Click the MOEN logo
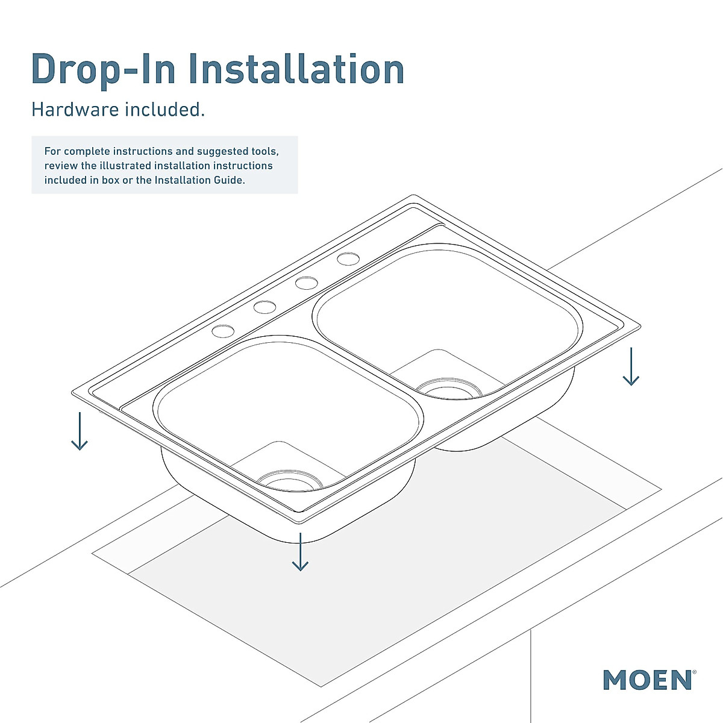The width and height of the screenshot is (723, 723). [647, 680]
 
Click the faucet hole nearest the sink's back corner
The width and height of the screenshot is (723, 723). [348, 259]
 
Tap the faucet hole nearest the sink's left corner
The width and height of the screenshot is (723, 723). [222, 331]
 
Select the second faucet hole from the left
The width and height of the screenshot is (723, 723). [264, 307]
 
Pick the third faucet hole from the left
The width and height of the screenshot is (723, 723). [307, 283]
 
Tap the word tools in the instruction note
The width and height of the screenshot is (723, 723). [264, 151]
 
